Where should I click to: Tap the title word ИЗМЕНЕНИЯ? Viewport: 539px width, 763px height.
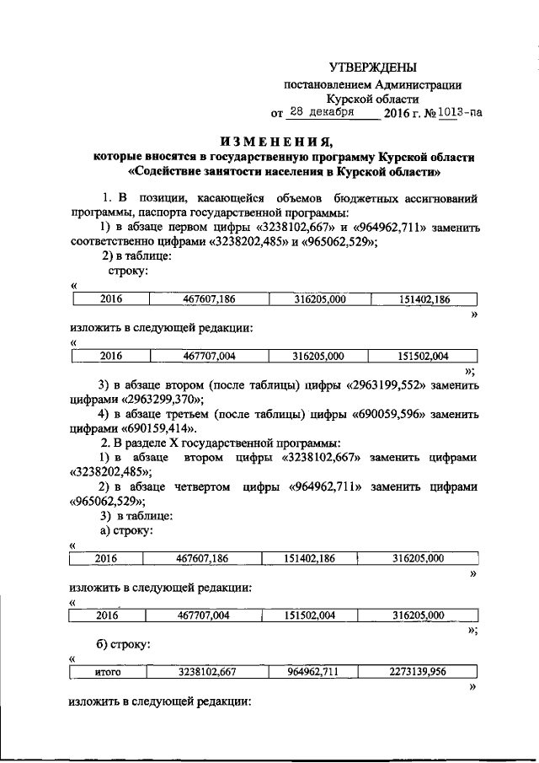pos(269,140)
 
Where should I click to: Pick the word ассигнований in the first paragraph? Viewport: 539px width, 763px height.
pos(438,199)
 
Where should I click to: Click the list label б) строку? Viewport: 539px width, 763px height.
pos(126,645)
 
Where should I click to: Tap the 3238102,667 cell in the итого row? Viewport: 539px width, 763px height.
pos(206,673)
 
